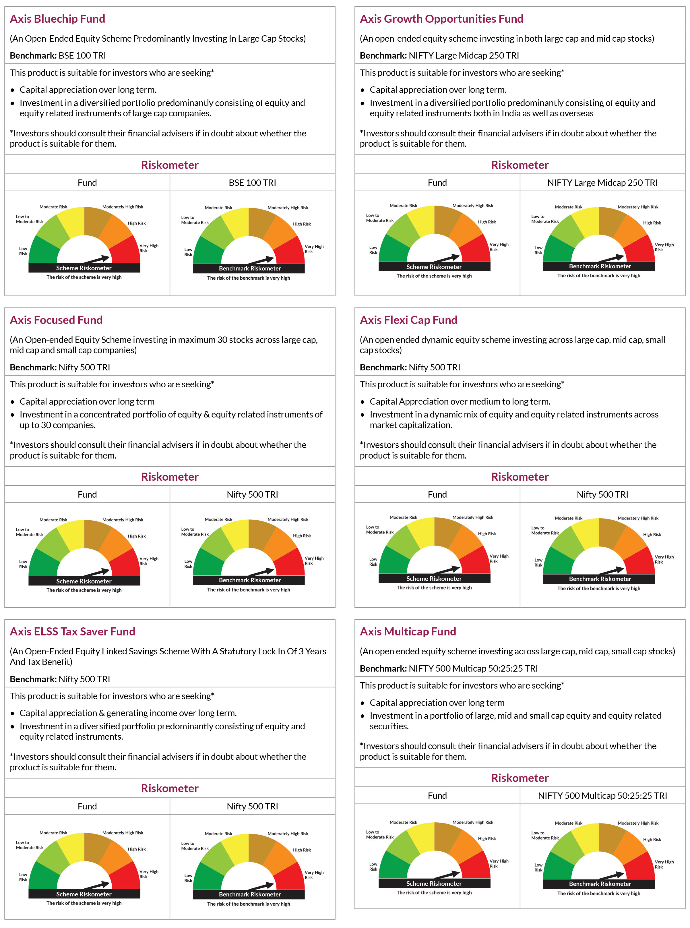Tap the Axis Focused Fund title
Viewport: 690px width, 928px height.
click(x=56, y=320)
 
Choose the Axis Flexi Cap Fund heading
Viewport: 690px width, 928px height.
click(x=408, y=320)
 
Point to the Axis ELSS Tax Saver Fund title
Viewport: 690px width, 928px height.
click(x=72, y=631)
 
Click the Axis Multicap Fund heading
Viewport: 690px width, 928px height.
click(x=408, y=631)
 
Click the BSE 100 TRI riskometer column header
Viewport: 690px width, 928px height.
click(x=252, y=183)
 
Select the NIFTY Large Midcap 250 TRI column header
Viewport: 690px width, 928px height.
click(x=602, y=183)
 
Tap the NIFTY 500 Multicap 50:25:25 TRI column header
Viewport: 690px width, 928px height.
click(x=602, y=796)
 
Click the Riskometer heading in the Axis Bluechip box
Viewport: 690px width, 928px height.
click(x=170, y=165)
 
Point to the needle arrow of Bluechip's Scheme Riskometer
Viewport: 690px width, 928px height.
click(x=97, y=260)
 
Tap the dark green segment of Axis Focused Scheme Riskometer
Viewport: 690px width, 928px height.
click(x=42, y=563)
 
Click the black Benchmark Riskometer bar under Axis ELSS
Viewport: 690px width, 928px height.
click(x=249, y=894)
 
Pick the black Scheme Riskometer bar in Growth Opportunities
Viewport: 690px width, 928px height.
click(x=434, y=266)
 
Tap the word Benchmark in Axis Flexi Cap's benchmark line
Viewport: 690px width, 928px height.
click(x=383, y=367)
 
